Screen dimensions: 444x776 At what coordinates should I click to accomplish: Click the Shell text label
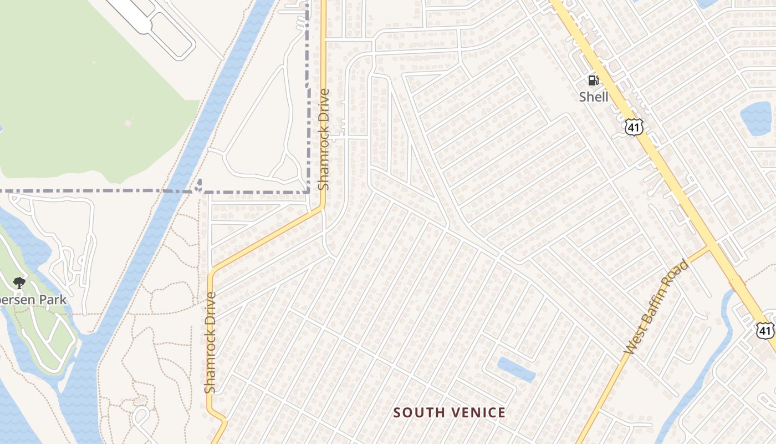point(594,97)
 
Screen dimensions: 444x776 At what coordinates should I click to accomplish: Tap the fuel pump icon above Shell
point(593,80)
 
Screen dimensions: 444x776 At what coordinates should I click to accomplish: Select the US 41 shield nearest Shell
point(634,127)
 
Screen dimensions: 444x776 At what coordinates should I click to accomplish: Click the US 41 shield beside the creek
point(765,330)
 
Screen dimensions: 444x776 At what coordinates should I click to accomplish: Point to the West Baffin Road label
point(657,307)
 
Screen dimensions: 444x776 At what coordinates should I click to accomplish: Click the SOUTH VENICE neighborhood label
point(450,412)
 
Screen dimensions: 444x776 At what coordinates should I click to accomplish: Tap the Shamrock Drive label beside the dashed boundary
point(324,139)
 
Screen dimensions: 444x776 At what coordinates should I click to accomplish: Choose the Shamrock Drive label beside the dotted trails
point(210,343)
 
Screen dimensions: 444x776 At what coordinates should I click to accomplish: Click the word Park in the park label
point(54,300)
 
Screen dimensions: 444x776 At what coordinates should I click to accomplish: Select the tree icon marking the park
point(19,283)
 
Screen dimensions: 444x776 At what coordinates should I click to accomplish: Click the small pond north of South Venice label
point(517,370)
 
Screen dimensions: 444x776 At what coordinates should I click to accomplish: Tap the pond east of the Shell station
point(756,118)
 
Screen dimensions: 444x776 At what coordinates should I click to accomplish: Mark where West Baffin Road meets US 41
point(709,246)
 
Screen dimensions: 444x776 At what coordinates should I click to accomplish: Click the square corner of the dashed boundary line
point(308,191)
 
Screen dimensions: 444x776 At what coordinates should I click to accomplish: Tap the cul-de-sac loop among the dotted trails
point(140,414)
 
